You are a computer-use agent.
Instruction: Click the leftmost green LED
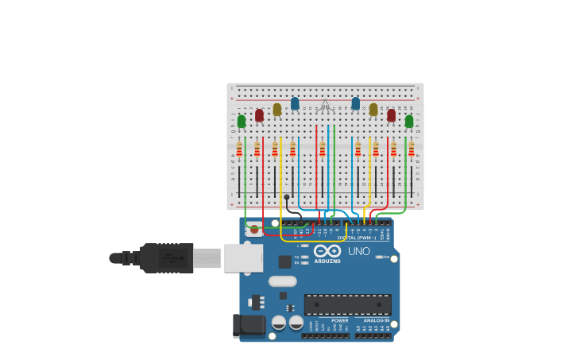[x=242, y=121]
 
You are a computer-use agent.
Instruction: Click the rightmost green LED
[x=409, y=121]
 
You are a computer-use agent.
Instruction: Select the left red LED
[x=259, y=115]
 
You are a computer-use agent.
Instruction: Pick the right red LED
[x=391, y=115]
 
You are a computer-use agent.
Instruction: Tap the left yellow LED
[x=276, y=109]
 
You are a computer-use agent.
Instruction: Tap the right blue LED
[x=355, y=103]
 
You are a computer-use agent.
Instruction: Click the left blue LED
[x=295, y=103]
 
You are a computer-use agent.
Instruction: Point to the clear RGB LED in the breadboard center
[x=325, y=105]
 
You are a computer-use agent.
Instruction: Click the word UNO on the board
[x=358, y=251]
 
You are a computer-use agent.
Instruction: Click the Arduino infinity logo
[x=327, y=251]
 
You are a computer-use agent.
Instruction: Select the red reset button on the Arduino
[x=254, y=230]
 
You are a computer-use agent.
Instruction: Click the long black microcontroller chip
[x=347, y=304]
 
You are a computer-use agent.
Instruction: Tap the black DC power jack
[x=249, y=324]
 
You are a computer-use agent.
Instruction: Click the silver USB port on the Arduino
[x=242, y=257]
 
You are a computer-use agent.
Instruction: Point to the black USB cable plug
[x=167, y=257]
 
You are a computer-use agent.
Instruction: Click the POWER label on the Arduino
[x=339, y=320]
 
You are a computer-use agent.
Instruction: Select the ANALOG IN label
[x=377, y=320]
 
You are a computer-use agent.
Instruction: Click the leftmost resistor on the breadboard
[x=239, y=149]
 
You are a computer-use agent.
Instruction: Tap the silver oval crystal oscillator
[x=282, y=281]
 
